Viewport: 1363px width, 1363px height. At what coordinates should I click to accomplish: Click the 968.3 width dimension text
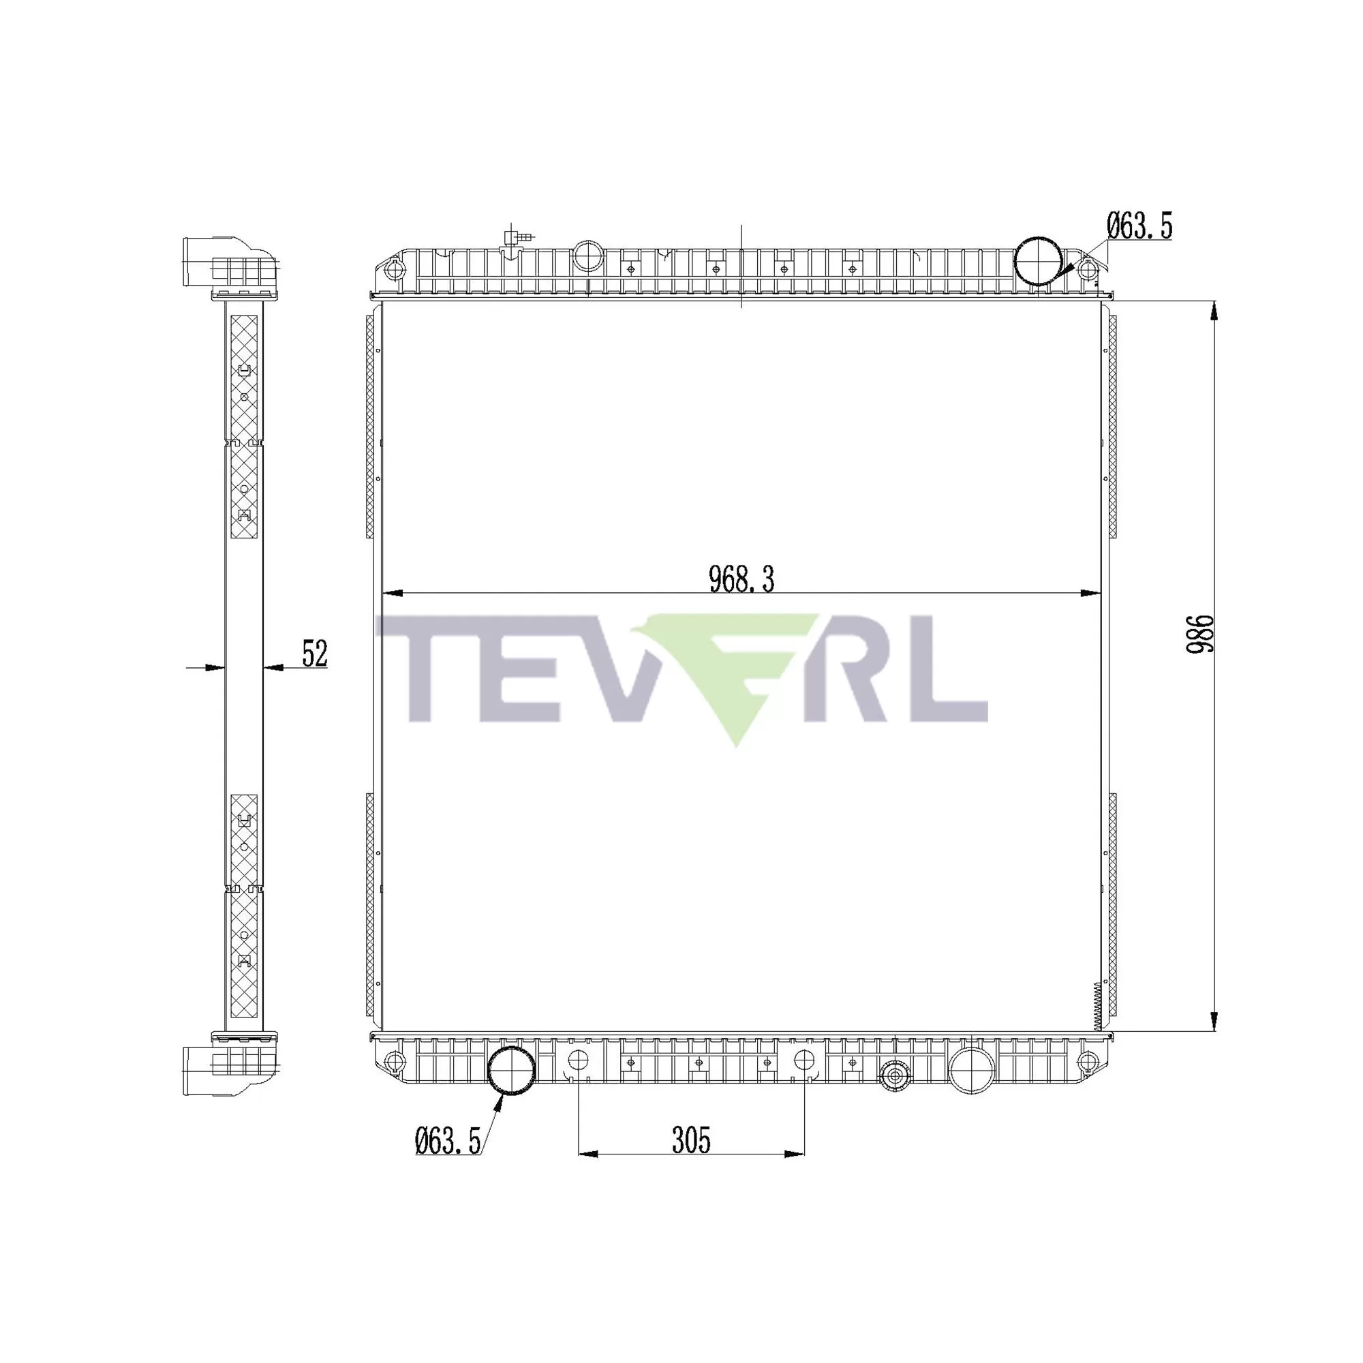tap(741, 579)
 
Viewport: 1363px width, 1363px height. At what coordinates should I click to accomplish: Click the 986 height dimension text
tap(1199, 634)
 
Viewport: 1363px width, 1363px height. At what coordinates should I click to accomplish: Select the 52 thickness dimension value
tap(315, 654)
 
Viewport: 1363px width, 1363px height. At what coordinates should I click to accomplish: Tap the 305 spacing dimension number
tap(690, 1140)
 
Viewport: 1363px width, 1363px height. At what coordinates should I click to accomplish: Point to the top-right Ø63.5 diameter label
tap(1139, 226)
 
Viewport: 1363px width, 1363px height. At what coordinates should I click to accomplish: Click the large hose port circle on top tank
tap(1037, 262)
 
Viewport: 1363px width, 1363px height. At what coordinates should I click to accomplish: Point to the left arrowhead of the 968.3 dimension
tap(393, 593)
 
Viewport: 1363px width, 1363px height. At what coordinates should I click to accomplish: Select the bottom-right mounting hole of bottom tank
tap(1088, 1060)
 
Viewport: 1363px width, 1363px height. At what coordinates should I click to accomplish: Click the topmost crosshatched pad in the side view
tap(244, 378)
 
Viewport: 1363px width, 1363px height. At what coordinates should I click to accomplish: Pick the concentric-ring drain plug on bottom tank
tap(895, 1076)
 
